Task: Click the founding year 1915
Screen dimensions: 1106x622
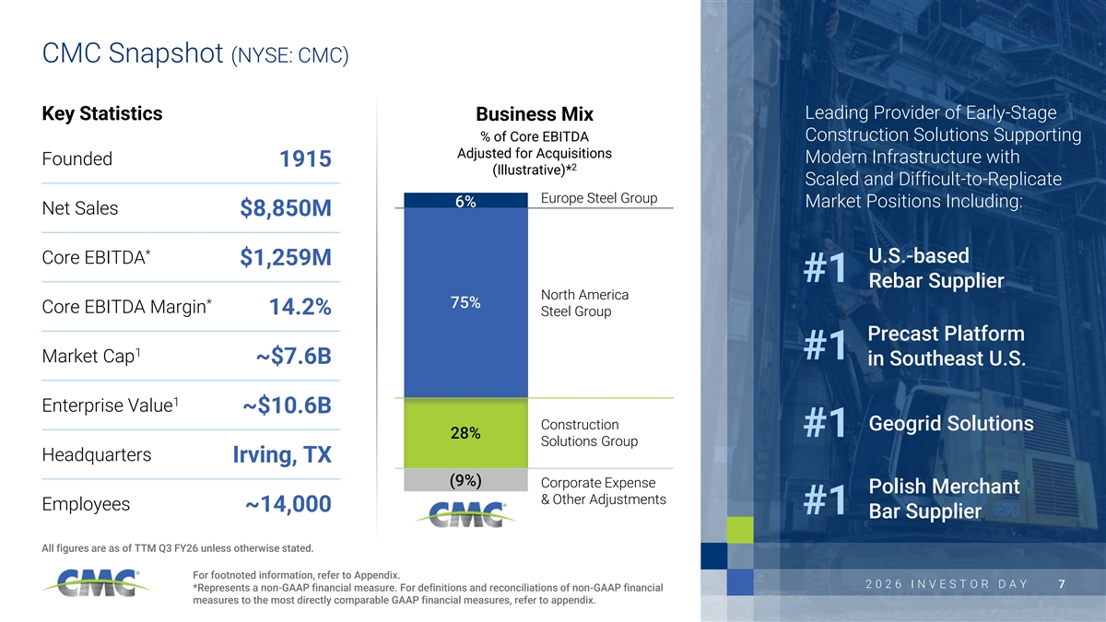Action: [x=305, y=158]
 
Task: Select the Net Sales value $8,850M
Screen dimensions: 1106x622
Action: [x=286, y=208]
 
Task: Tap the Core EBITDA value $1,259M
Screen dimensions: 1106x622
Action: [x=286, y=258]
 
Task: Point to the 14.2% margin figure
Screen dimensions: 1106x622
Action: [x=300, y=307]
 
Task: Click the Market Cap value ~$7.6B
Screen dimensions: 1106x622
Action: [x=294, y=357]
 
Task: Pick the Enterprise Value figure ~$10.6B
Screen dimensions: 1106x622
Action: [x=287, y=405]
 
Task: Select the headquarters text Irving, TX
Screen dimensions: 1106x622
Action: [x=282, y=455]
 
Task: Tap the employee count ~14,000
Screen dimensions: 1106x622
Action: [x=288, y=504]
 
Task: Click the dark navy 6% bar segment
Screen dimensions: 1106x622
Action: [x=465, y=201]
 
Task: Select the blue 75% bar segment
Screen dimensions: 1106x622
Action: [x=465, y=302]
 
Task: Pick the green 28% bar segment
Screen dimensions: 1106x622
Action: [x=465, y=433]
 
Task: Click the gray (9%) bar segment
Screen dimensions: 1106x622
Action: [x=465, y=480]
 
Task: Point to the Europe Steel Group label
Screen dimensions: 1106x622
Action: [x=599, y=198]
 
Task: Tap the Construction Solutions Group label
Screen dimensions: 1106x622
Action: [x=589, y=433]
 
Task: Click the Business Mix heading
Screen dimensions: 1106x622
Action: [x=535, y=114]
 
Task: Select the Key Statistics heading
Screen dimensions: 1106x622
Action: [x=102, y=113]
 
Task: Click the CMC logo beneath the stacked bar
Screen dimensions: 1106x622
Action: [x=465, y=514]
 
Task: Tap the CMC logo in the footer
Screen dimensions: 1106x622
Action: [x=96, y=583]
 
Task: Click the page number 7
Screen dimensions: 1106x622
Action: [x=1062, y=584]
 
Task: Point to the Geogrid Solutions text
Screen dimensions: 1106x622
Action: [x=951, y=424]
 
